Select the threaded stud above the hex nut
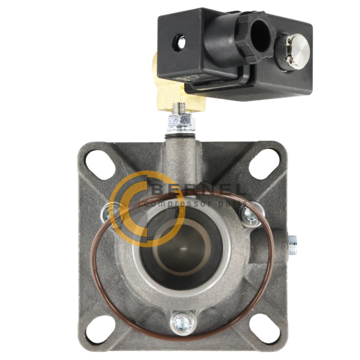pos(179,108)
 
